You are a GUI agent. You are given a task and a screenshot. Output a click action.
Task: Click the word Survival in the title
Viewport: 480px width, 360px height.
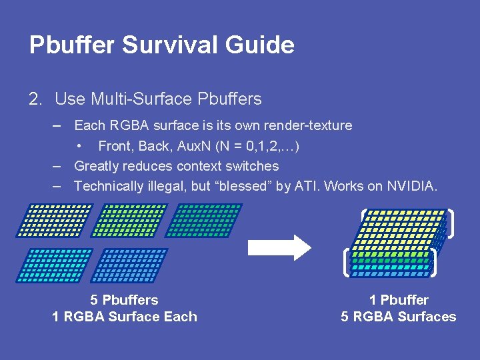tap(154, 45)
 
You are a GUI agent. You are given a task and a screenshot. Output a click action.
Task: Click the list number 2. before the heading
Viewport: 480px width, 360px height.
tap(36, 99)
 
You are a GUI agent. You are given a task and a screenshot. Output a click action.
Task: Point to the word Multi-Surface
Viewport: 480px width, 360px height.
tap(141, 99)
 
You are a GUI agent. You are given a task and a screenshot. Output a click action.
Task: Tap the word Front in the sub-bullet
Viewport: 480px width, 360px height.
tap(115, 146)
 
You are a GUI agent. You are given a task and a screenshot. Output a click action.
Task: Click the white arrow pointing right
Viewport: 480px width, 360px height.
tap(279, 247)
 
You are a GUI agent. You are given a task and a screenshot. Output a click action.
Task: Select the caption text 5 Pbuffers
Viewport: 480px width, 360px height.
tap(125, 300)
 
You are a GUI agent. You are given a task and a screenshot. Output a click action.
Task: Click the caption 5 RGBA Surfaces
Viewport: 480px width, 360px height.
tap(399, 317)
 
